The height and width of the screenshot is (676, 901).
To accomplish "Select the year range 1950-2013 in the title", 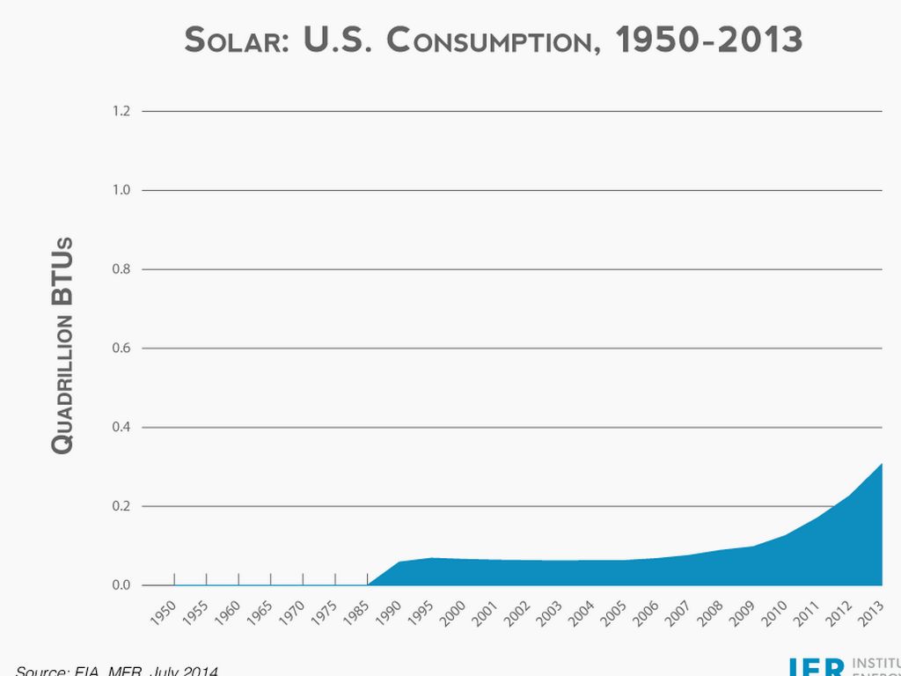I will click(x=708, y=40).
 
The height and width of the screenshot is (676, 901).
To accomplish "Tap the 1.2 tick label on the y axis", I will click(x=121, y=111).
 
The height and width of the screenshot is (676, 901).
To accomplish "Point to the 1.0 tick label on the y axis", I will click(x=121, y=190).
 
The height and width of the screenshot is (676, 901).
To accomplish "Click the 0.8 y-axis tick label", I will click(x=121, y=269).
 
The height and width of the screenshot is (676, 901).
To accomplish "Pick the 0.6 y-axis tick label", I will click(x=121, y=349).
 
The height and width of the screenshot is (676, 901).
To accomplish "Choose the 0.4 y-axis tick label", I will click(x=121, y=428).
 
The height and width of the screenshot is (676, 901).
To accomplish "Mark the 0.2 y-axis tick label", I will click(x=121, y=507).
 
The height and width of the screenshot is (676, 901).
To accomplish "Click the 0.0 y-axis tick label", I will click(x=121, y=585).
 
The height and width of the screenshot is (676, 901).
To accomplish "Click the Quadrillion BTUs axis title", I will click(x=62, y=345).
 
